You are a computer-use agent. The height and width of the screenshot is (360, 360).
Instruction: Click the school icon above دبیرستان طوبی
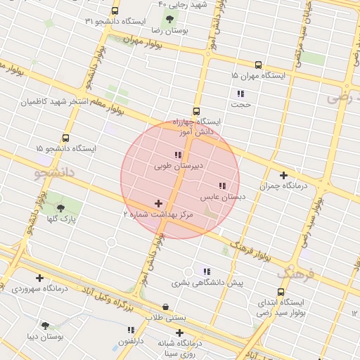177,155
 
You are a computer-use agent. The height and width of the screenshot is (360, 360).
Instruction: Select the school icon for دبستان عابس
222,186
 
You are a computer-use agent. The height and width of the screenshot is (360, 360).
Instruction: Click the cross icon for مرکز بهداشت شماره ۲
158,202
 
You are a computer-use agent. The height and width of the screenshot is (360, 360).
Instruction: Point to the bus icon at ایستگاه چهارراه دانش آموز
195,110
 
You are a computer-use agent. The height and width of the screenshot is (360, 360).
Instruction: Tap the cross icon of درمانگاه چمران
284,175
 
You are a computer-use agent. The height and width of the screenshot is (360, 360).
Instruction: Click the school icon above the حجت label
240,94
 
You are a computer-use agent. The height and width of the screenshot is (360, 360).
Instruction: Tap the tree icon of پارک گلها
60,208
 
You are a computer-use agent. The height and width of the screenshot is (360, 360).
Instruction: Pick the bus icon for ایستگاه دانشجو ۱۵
66,138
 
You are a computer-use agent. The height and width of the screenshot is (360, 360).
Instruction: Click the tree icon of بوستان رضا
167,20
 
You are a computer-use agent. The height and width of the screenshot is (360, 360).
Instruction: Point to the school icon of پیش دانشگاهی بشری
206,271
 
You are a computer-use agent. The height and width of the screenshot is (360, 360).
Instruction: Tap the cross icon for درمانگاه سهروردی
39,278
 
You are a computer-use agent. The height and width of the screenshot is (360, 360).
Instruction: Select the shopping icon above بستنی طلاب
165,307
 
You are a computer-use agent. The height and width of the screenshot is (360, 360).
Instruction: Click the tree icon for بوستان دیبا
46,326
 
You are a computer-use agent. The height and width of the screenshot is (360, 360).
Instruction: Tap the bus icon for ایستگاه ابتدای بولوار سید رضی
281,291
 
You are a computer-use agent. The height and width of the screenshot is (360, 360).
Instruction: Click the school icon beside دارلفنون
131,330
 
